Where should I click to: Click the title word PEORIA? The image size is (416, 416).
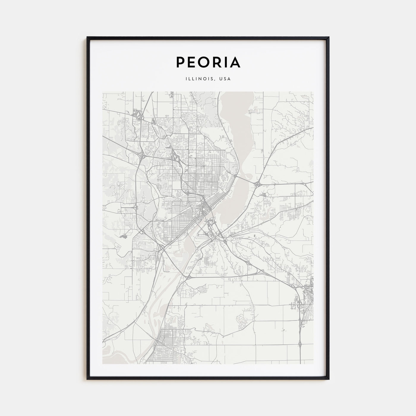click(208, 62)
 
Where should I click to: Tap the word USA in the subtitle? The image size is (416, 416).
click(225, 79)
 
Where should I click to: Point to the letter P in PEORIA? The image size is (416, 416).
click(181, 62)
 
